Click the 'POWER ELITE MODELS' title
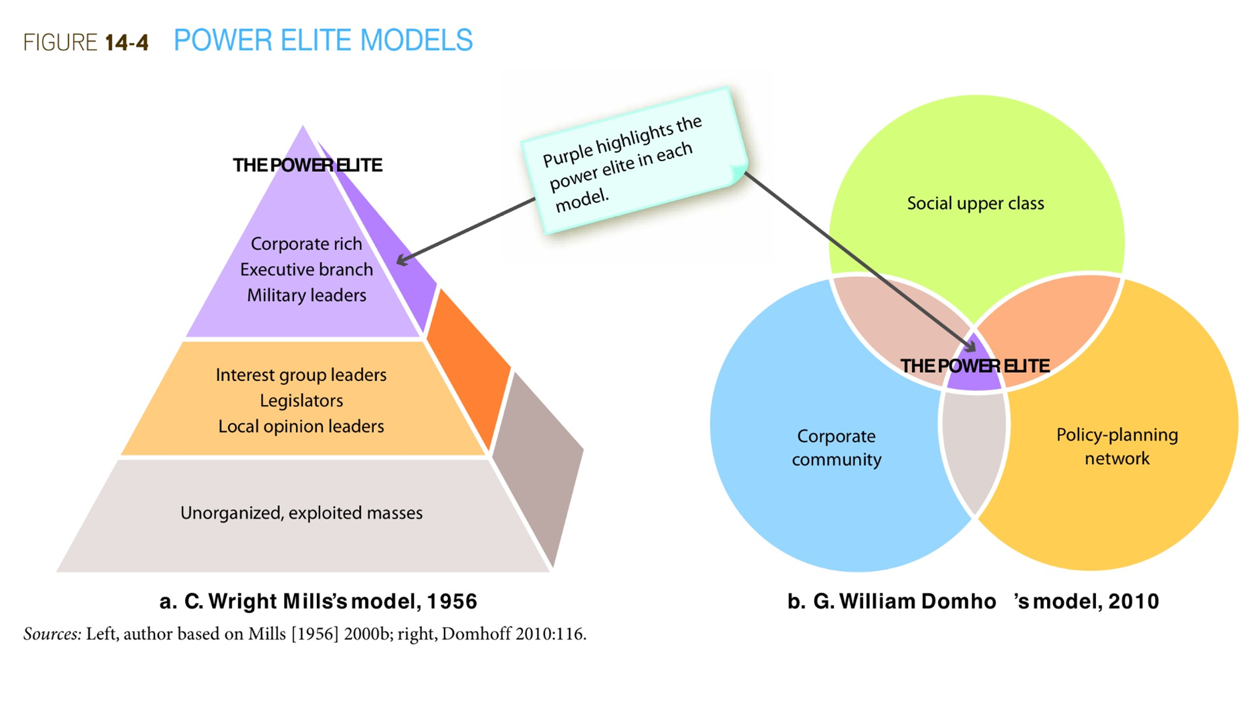(323, 41)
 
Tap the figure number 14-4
(126, 43)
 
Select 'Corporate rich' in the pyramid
(306, 244)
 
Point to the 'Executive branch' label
(306, 269)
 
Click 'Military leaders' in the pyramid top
(306, 295)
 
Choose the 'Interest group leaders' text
(301, 375)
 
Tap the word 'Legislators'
(301, 400)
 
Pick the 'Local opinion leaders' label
(301, 427)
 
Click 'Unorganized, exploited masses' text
(301, 513)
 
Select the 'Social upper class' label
(975, 203)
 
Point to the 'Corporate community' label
(836, 448)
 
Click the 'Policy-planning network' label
(1117, 447)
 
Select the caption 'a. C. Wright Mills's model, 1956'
(318, 602)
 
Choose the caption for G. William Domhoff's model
(973, 602)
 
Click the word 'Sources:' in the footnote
(52, 634)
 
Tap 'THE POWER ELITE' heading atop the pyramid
(307, 165)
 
